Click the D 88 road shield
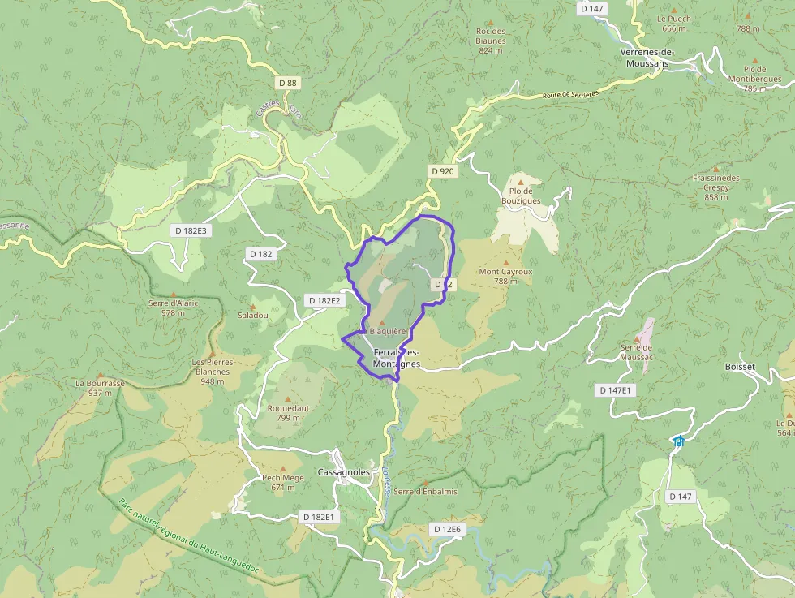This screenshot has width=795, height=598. pyautogui.click(x=287, y=83)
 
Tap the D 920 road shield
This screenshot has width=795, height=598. pyautogui.click(x=442, y=171)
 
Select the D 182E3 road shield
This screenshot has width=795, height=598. pyautogui.click(x=191, y=230)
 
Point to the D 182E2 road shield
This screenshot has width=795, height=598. pyautogui.click(x=324, y=300)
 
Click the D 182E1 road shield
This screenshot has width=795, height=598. pyautogui.click(x=318, y=517)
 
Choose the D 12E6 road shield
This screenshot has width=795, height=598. pyautogui.click(x=446, y=529)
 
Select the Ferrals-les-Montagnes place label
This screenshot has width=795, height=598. pyautogui.click(x=397, y=358)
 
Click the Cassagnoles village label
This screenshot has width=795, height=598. pyautogui.click(x=344, y=472)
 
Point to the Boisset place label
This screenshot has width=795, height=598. pyautogui.click(x=739, y=367)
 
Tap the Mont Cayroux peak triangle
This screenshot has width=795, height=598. pyautogui.click(x=505, y=260)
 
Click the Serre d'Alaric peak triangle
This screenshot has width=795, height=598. pyautogui.click(x=173, y=294)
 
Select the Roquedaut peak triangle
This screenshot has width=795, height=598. pyautogui.click(x=288, y=397)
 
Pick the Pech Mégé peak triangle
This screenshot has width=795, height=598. pyautogui.click(x=283, y=468)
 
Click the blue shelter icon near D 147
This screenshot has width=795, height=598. pyautogui.click(x=678, y=441)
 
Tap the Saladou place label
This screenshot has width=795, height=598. pyautogui.click(x=252, y=315)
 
